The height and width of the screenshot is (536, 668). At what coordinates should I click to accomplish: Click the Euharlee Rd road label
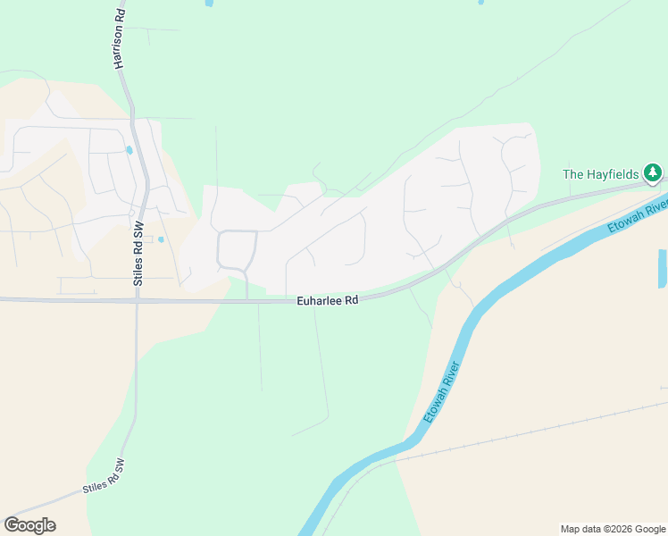[328, 301]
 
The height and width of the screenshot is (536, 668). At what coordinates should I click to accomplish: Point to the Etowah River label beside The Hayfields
[639, 218]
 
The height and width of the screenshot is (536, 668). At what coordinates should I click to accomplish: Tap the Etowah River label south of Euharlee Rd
[441, 392]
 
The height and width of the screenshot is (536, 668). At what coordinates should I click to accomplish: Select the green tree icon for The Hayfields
[654, 172]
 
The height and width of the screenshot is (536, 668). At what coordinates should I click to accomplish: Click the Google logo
[29, 525]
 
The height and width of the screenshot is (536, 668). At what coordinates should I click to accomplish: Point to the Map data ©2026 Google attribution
[614, 529]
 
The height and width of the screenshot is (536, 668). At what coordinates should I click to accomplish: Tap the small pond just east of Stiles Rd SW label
[161, 239]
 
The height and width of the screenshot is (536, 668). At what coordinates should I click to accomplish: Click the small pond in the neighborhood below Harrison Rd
[129, 150]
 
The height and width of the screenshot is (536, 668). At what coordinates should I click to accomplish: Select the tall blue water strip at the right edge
[662, 268]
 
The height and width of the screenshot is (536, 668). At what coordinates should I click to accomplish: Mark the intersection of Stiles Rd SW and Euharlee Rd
[137, 300]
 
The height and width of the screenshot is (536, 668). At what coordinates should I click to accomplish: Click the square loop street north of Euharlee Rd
[237, 249]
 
